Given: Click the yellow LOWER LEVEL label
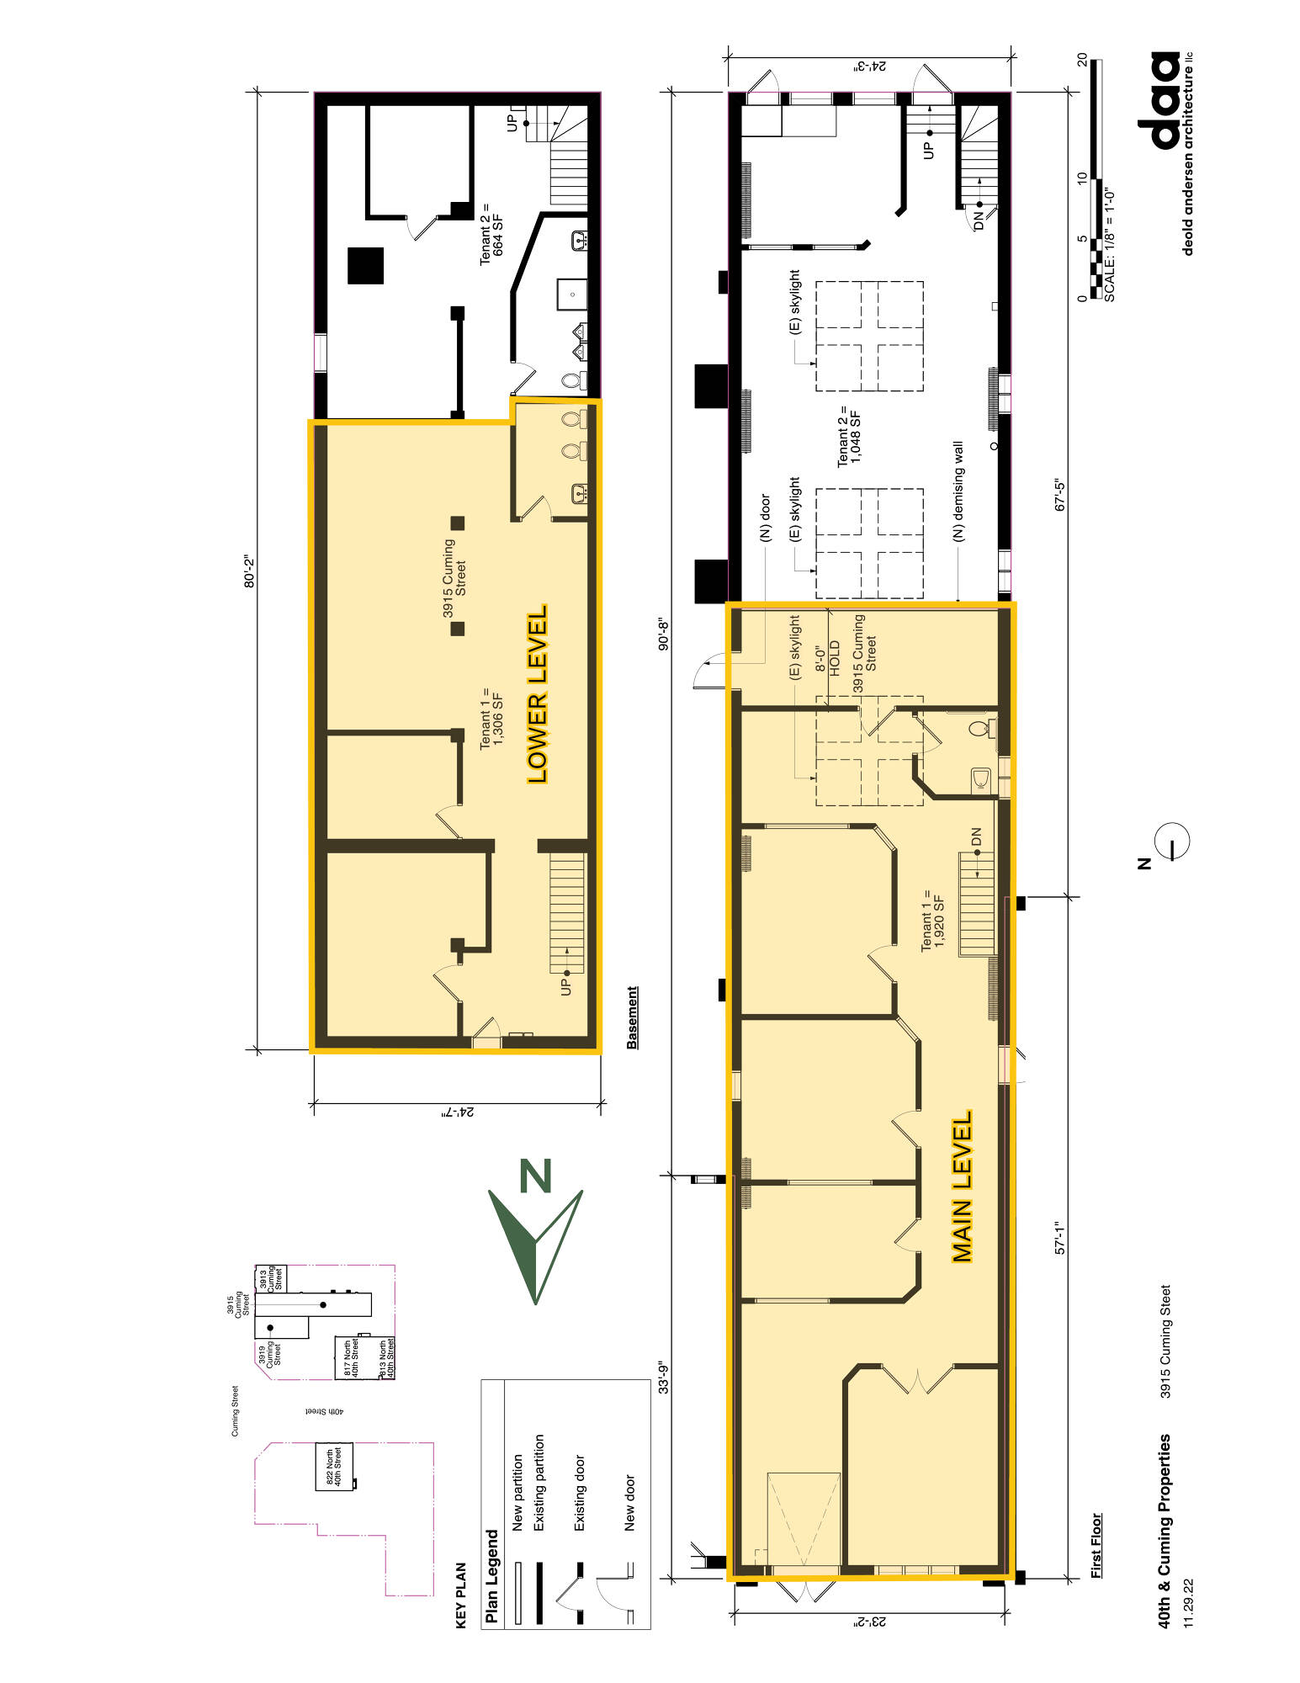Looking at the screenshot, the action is click(538, 694).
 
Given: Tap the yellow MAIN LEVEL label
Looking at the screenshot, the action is click(962, 1187).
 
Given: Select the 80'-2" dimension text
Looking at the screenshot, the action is click(249, 571).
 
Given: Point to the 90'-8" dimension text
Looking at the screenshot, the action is click(664, 635).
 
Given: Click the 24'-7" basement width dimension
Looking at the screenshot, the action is click(459, 1112).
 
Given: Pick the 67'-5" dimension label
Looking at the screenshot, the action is click(1060, 495).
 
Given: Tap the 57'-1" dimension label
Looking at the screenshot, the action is click(1060, 1239).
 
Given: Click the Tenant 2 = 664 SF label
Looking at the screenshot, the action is click(491, 234).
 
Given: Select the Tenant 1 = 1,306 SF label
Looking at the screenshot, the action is click(491, 718).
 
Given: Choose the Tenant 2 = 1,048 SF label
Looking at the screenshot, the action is click(849, 438).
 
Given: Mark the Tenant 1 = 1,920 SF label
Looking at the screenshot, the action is click(933, 920).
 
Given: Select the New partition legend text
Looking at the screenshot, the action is click(517, 1492).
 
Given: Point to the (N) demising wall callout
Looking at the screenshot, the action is click(958, 491).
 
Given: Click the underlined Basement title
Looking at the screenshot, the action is click(633, 1017).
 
